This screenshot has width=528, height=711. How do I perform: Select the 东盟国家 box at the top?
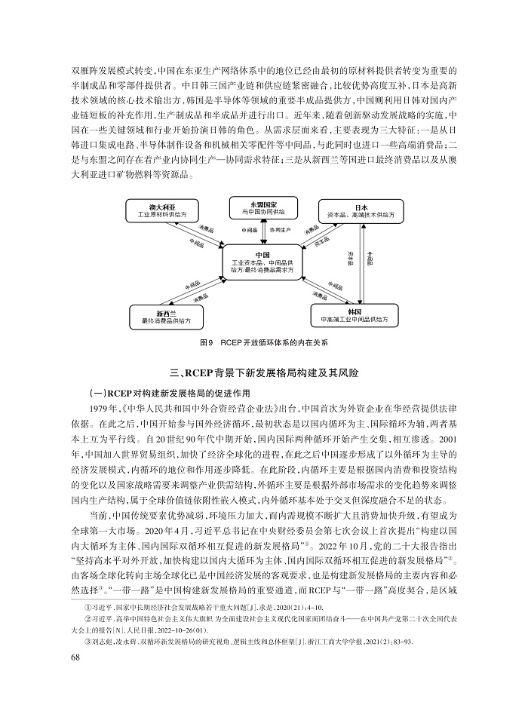(257, 208)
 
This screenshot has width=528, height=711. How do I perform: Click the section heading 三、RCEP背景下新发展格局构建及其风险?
(263, 372)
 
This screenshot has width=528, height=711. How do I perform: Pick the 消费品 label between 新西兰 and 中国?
(201, 299)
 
